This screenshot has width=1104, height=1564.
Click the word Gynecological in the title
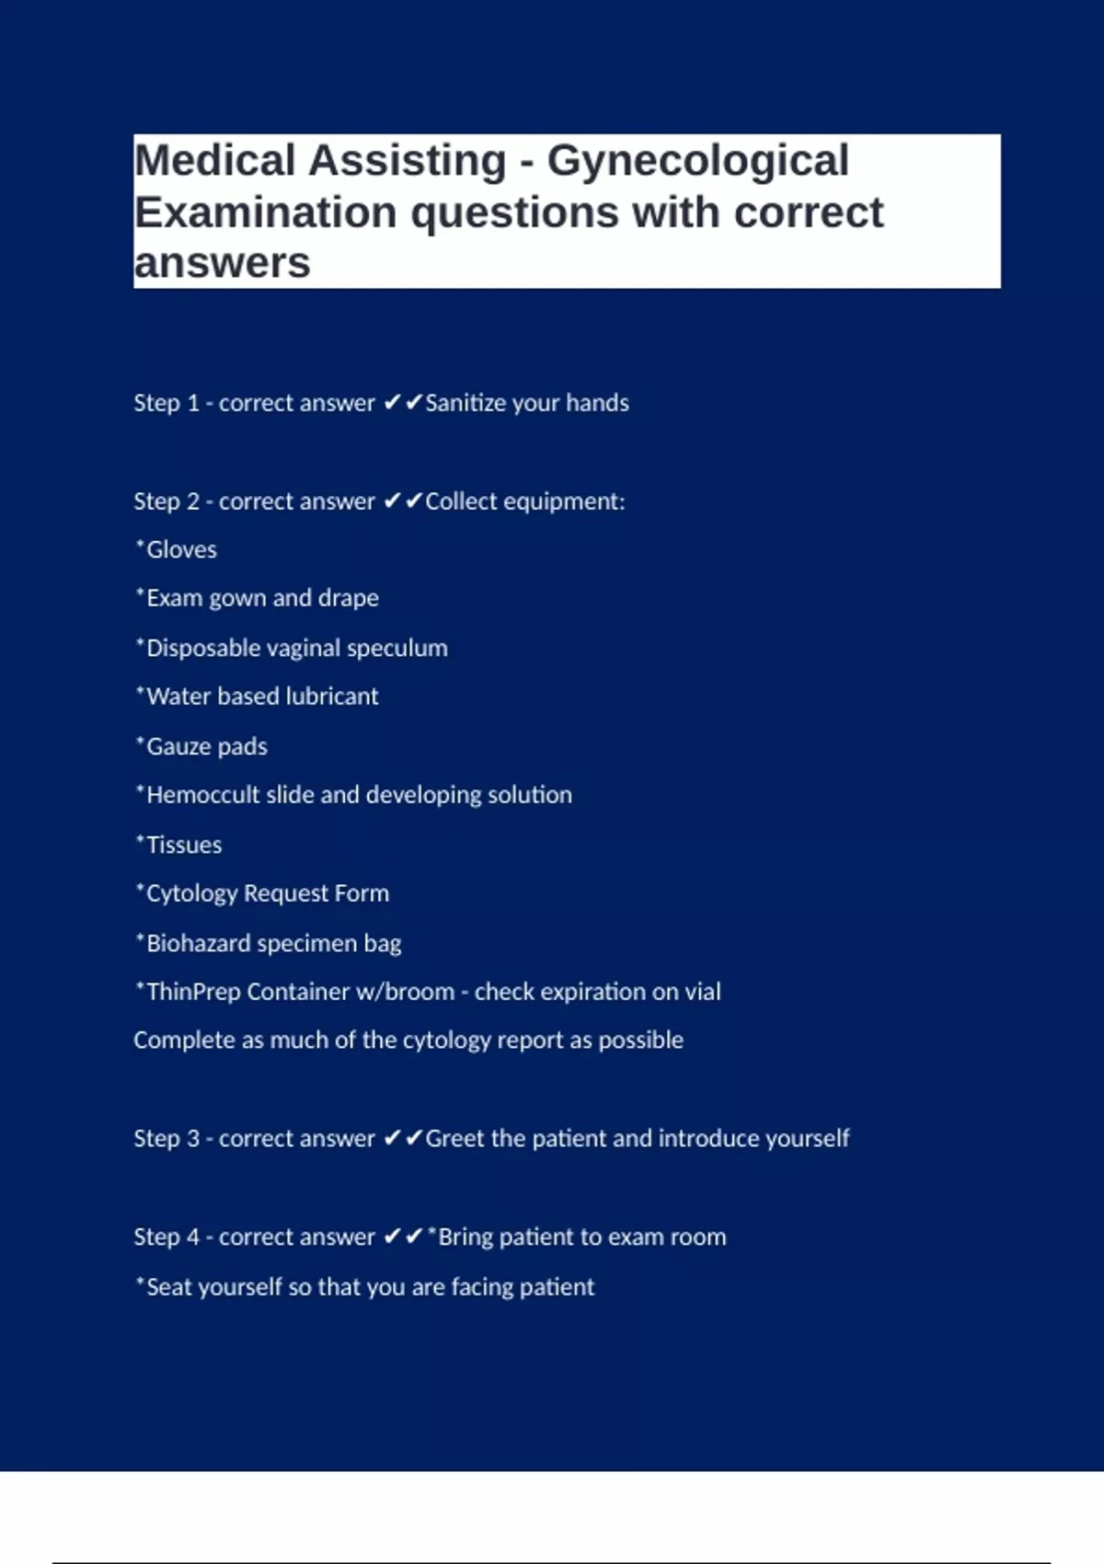point(697,162)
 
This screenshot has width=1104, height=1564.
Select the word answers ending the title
point(222,264)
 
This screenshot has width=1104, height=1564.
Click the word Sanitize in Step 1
point(465,403)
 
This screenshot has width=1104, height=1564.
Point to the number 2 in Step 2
point(193,501)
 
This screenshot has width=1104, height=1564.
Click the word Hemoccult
point(202,795)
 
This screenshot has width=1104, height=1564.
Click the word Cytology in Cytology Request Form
point(191,893)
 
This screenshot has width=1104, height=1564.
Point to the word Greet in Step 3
point(454,1139)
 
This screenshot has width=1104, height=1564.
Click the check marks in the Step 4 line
point(403,1236)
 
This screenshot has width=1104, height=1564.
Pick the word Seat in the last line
point(168,1286)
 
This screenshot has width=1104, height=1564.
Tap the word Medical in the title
point(215,162)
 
